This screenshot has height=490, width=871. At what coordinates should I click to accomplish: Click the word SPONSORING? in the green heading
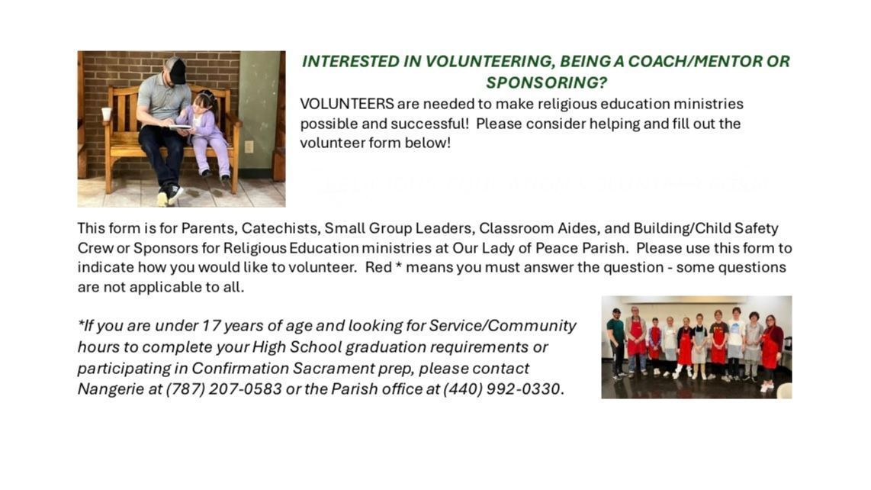[x=546, y=82]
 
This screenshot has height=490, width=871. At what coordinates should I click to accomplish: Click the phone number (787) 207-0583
[x=224, y=388]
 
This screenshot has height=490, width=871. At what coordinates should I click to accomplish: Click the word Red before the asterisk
[x=378, y=268]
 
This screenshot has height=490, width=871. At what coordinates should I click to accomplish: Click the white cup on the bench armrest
[x=106, y=114]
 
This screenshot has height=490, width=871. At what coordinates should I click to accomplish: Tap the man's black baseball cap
[x=177, y=70]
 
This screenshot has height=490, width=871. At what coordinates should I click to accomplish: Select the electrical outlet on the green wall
[x=249, y=147]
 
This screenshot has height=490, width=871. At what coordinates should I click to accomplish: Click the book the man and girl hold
[x=181, y=127]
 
